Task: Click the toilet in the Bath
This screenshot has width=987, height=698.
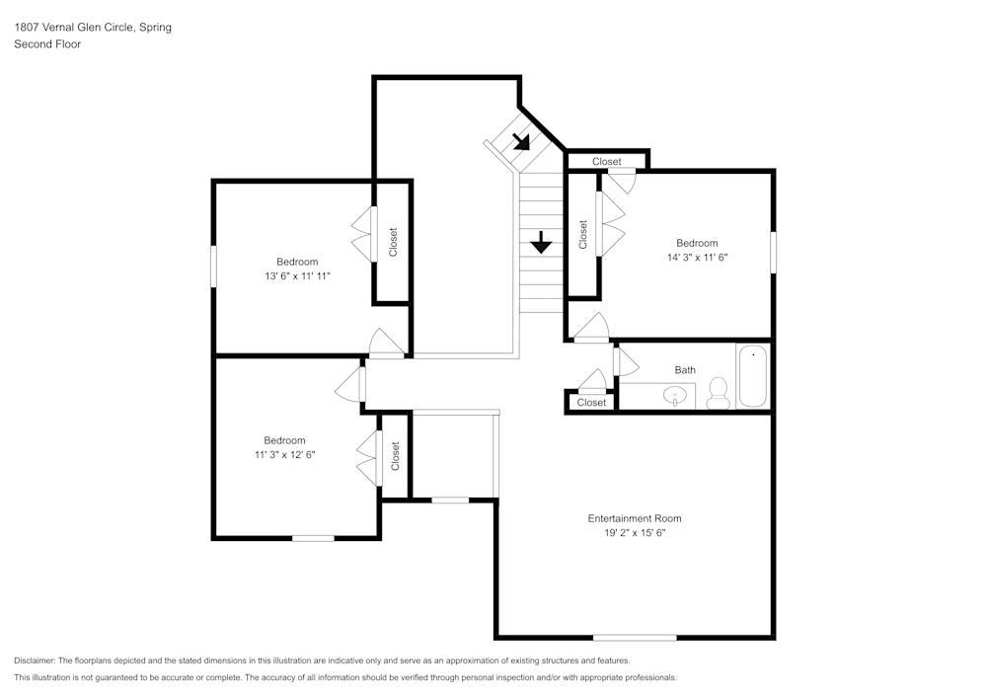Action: click(718, 393)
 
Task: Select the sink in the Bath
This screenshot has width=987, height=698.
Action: click(676, 396)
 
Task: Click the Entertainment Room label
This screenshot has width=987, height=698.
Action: click(634, 518)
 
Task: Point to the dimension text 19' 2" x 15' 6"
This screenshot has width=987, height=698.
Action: click(634, 532)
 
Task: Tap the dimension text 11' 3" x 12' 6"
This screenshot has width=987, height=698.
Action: click(283, 454)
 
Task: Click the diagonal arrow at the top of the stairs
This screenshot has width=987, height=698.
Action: click(521, 141)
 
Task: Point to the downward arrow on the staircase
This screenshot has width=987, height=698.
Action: click(540, 242)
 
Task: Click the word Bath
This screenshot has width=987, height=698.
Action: click(685, 370)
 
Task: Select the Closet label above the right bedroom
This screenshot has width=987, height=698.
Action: click(606, 161)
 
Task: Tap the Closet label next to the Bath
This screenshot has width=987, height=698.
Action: click(591, 403)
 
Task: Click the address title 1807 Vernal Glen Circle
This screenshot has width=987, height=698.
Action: click(93, 28)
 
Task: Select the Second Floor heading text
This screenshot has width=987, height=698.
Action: click(47, 44)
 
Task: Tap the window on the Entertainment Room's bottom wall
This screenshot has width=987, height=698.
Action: click(635, 637)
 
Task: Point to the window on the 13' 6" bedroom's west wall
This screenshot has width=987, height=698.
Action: click(214, 267)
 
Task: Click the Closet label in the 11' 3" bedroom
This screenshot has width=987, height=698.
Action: click(395, 456)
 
